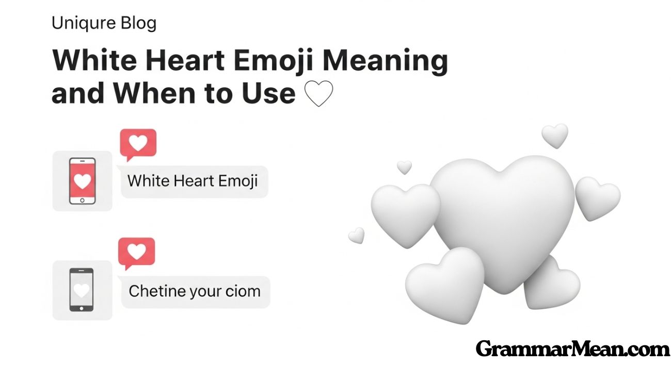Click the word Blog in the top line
pos(138,24)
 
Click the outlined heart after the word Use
pos(319,94)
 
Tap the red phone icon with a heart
pos(83,180)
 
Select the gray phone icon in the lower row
pos(82,290)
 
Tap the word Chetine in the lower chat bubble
pos(157,291)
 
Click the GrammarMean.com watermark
pos(572,349)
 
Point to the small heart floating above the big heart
pos(555,135)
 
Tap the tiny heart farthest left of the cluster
pos(356,235)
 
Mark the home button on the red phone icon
pos(83,199)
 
